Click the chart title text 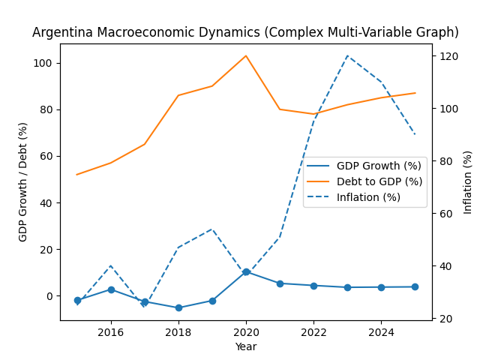tap(245, 32)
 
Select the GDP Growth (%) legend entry tap(379, 166)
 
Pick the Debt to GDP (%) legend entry tap(379, 181)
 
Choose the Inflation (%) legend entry tap(368, 197)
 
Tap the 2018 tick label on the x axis tap(178, 331)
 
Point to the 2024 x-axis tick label tap(381, 331)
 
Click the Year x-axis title tap(245, 346)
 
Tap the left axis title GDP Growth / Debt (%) tap(23, 181)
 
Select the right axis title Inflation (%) tap(468, 181)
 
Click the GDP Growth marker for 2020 tap(246, 272)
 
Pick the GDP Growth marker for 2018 tap(178, 307)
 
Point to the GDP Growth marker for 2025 tap(415, 286)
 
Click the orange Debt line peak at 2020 tap(246, 55)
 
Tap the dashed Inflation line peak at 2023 tap(347, 55)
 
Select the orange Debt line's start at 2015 tap(77, 175)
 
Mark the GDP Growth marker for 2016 tap(111, 289)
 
